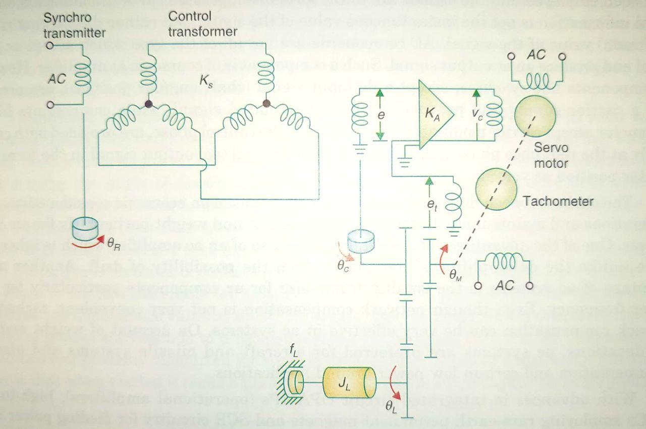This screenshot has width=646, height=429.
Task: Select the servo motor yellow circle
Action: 535,116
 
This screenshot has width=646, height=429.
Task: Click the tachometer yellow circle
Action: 497,189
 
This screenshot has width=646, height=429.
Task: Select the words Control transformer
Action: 203,24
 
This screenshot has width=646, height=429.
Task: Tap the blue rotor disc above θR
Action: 87,230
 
